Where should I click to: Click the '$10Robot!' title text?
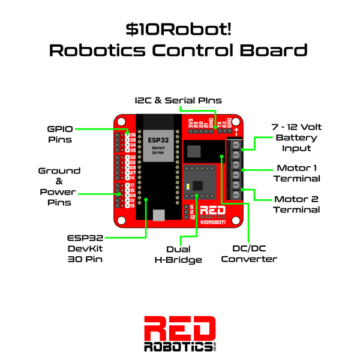tap(179, 28)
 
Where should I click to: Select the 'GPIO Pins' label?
tap(61, 133)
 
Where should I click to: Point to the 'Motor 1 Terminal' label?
tap(298, 173)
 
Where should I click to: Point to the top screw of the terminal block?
tap(236, 143)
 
